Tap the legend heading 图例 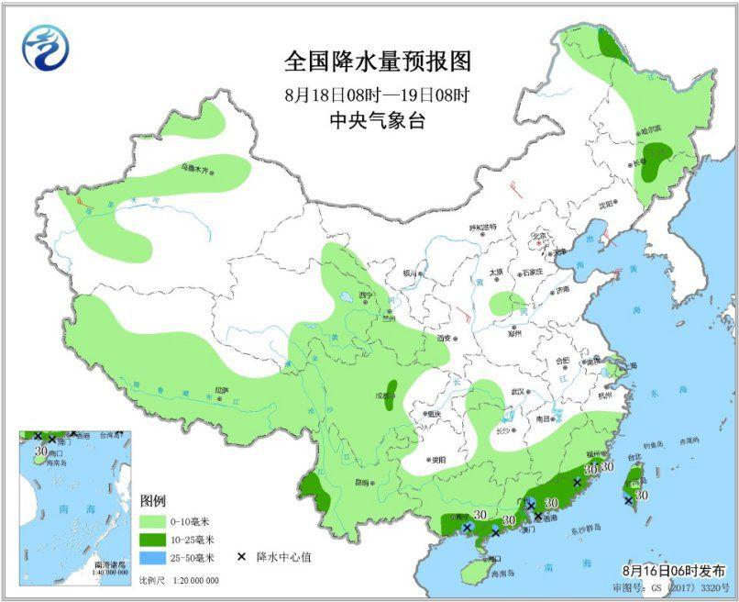(x=153, y=501)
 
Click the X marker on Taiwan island (x=628, y=500)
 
